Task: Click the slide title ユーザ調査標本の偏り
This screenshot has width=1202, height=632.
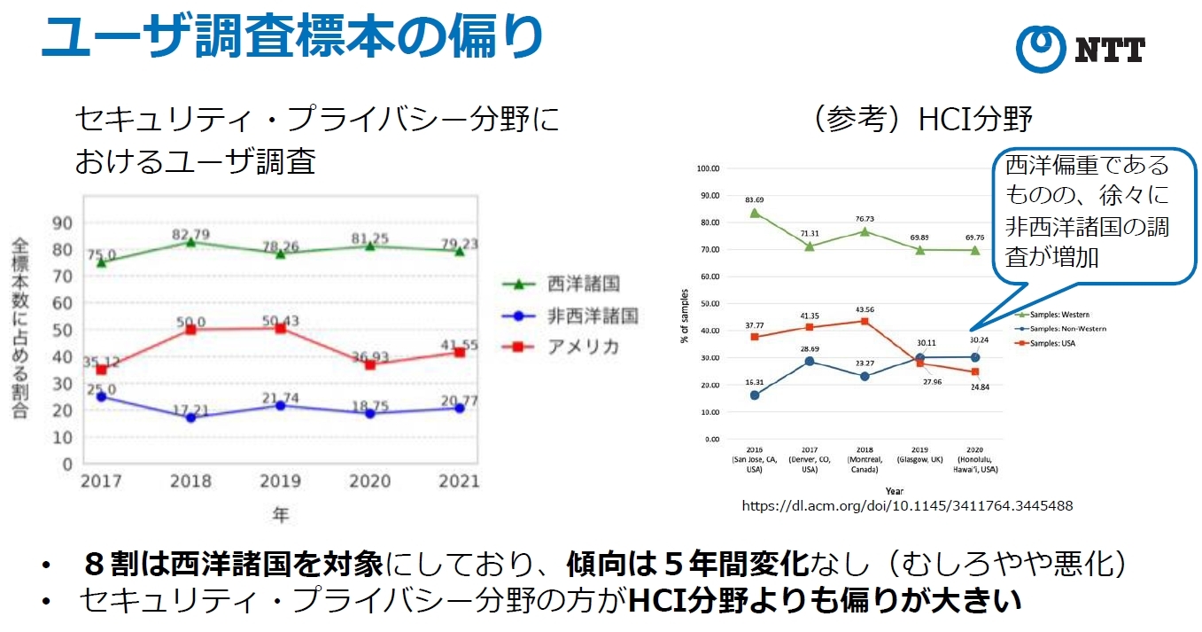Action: click(x=292, y=38)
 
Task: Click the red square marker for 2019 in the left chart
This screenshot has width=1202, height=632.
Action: click(x=281, y=328)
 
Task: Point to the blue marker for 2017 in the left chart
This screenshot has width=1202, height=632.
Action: click(x=102, y=396)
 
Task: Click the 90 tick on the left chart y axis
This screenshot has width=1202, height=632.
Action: click(x=63, y=222)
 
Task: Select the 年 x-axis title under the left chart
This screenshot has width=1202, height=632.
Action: click(x=280, y=514)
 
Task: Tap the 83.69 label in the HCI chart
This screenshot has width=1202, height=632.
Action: click(x=755, y=199)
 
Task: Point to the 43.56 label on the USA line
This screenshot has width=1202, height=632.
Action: click(x=865, y=308)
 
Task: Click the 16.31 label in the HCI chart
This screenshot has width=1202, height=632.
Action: click(x=755, y=382)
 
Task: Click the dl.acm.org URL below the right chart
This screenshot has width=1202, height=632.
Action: click(x=907, y=505)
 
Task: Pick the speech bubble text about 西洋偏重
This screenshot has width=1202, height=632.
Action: click(x=1088, y=210)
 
